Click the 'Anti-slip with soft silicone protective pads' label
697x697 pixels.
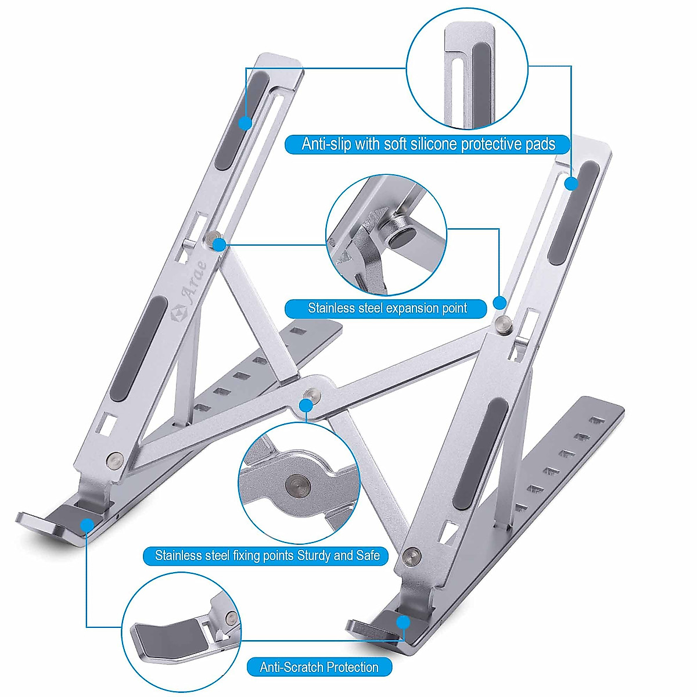[428, 144]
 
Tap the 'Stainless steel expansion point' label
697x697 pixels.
[387, 308]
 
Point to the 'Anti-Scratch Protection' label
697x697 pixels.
[319, 667]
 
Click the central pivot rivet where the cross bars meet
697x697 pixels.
[312, 394]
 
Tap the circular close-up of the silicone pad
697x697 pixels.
[467, 69]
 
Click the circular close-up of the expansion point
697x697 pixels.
[386, 235]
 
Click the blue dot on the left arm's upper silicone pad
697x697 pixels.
[245, 123]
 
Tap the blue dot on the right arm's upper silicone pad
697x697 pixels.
[572, 184]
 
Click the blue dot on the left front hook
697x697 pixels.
[87, 525]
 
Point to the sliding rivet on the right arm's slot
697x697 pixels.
[503, 323]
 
